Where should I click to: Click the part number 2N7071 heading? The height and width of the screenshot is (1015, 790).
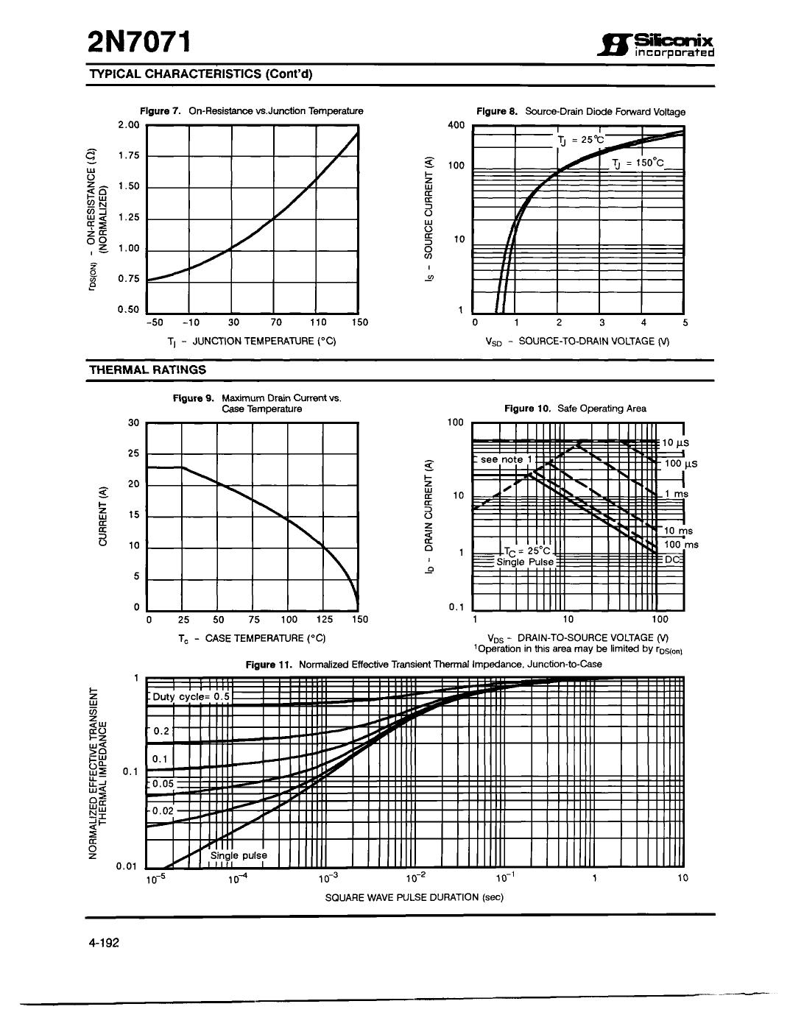click(138, 43)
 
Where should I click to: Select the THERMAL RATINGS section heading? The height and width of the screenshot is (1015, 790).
click(147, 369)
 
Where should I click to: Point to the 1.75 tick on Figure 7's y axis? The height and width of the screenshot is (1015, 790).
click(128, 155)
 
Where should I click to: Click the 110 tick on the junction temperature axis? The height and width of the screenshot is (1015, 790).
click(317, 322)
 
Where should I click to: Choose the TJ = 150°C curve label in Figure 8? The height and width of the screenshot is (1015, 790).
click(638, 163)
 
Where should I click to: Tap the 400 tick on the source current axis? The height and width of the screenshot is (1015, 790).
click(456, 125)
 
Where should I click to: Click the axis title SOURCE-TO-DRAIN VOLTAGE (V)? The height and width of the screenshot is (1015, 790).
click(577, 341)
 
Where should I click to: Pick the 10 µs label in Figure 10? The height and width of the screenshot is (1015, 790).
click(675, 443)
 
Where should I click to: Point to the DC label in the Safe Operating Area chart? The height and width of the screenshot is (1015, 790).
click(673, 559)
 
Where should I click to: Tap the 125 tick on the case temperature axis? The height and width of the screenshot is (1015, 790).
click(324, 620)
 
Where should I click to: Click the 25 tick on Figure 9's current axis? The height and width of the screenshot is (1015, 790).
click(133, 453)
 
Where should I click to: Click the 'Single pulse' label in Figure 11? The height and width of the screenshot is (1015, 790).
click(239, 855)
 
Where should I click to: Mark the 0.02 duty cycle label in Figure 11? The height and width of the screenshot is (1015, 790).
click(162, 810)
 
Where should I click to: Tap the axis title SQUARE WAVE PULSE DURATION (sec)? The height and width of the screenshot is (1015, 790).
click(414, 897)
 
